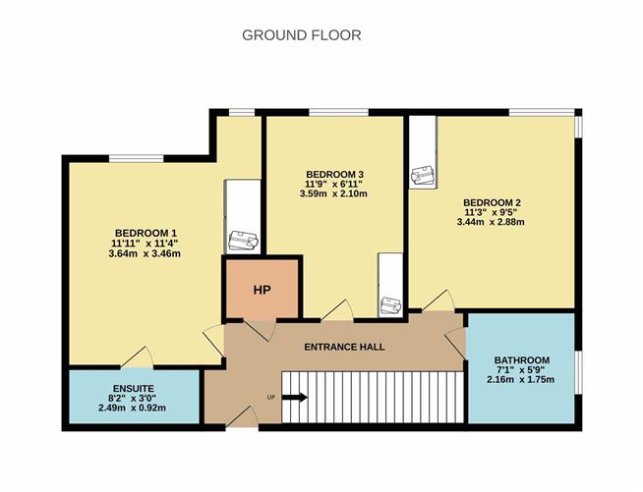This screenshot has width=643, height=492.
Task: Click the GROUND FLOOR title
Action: point(302,35)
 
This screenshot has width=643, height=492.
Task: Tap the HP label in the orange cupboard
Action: point(263,290)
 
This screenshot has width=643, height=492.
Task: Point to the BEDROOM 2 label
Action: point(493,202)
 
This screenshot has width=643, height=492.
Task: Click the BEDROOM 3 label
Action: point(334,175)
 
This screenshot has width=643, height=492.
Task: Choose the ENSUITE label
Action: point(134,388)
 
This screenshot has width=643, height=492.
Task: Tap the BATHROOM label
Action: point(522,360)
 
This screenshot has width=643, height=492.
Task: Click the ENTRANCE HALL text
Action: point(344,347)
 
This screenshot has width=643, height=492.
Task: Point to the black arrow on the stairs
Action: point(295,398)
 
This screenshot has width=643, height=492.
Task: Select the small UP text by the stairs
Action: point(270,397)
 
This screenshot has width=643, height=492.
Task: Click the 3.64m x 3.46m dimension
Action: point(145,253)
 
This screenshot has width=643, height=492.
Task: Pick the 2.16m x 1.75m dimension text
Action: point(521,380)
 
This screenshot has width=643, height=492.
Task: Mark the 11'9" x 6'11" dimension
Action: point(334,184)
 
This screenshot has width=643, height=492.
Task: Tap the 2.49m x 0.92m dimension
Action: point(132,408)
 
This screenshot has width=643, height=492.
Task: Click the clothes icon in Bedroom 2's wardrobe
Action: point(423,176)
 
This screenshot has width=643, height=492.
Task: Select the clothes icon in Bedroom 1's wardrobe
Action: point(243,241)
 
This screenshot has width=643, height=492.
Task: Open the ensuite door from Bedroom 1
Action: point(138,357)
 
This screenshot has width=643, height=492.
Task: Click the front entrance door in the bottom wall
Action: point(242,417)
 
